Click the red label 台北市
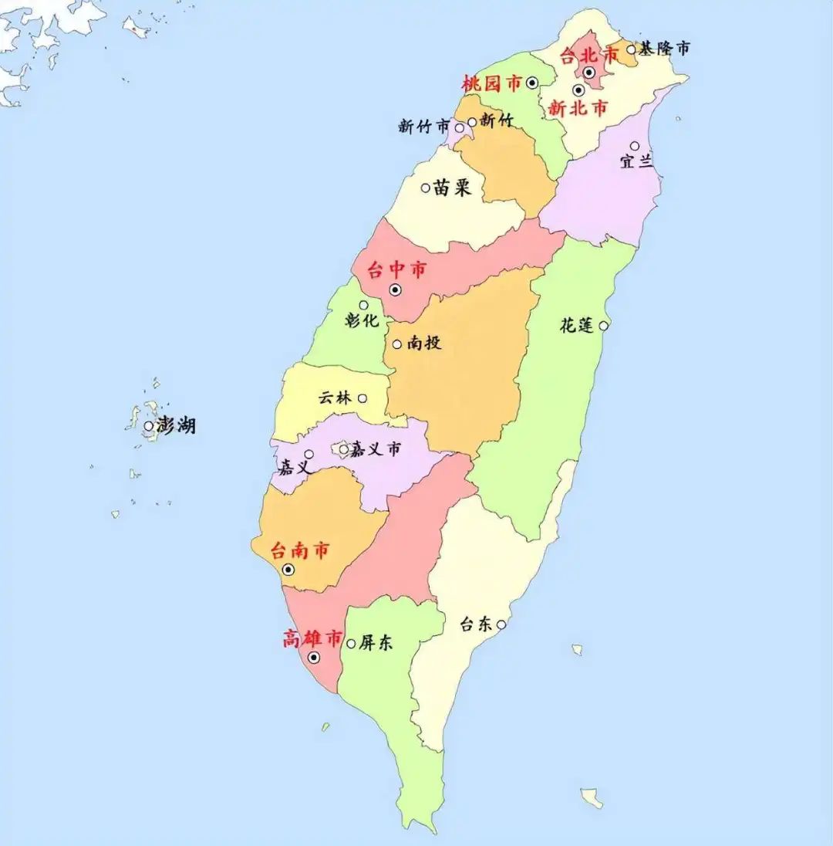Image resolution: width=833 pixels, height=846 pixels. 589,56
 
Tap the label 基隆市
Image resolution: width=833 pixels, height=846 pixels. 663,49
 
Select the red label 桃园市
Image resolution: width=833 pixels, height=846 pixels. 491,83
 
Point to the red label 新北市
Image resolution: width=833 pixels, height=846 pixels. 578,109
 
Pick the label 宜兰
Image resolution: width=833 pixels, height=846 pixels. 636,162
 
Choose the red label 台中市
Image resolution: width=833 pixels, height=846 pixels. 396,270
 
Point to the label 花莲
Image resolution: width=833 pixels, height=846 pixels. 577,325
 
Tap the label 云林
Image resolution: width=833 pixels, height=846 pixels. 335,398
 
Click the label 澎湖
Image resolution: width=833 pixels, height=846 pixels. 176,425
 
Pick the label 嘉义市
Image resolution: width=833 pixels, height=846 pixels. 376,448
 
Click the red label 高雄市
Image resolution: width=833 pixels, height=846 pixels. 312,638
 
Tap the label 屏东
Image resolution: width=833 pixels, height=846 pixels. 375,642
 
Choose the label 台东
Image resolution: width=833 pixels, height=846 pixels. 476,624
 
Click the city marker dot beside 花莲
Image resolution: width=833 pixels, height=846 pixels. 604,325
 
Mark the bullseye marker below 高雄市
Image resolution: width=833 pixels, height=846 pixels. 314,658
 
